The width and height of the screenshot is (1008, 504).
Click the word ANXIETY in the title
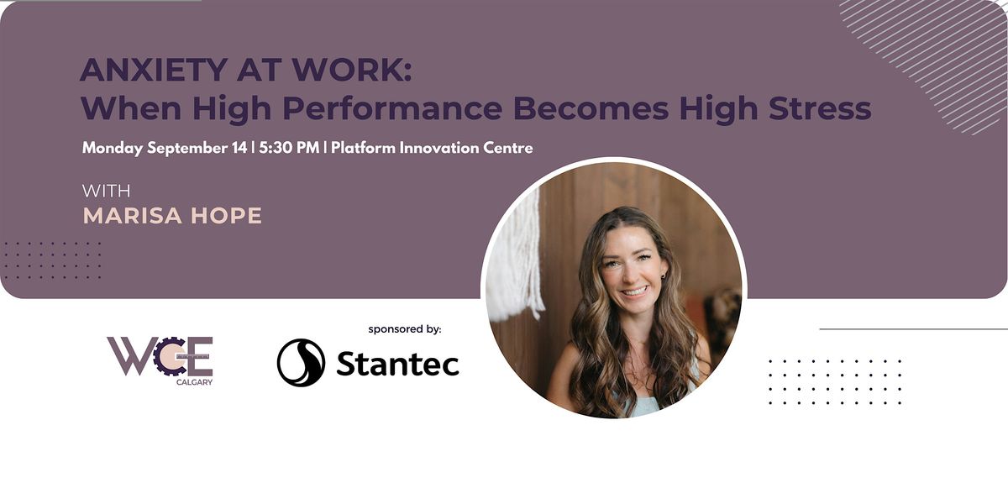(154, 70)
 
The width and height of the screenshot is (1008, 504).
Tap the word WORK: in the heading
(351, 70)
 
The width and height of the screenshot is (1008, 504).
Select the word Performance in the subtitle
(392, 108)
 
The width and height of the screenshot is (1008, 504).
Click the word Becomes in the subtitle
(591, 108)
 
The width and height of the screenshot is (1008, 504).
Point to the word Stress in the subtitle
(820, 108)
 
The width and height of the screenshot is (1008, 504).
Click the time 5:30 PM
(289, 148)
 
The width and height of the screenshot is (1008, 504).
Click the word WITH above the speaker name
(106, 192)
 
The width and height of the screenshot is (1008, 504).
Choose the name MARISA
(133, 216)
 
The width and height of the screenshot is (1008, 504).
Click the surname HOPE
(226, 216)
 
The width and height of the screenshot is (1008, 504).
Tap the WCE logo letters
(160, 356)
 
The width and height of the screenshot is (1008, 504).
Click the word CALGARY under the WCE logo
(194, 382)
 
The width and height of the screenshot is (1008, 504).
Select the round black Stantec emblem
(301, 363)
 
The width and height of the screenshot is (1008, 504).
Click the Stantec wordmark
(398, 364)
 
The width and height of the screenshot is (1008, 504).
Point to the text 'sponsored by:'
(405, 329)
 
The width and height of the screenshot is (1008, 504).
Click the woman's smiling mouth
(635, 291)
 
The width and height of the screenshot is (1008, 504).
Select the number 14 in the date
(239, 148)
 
